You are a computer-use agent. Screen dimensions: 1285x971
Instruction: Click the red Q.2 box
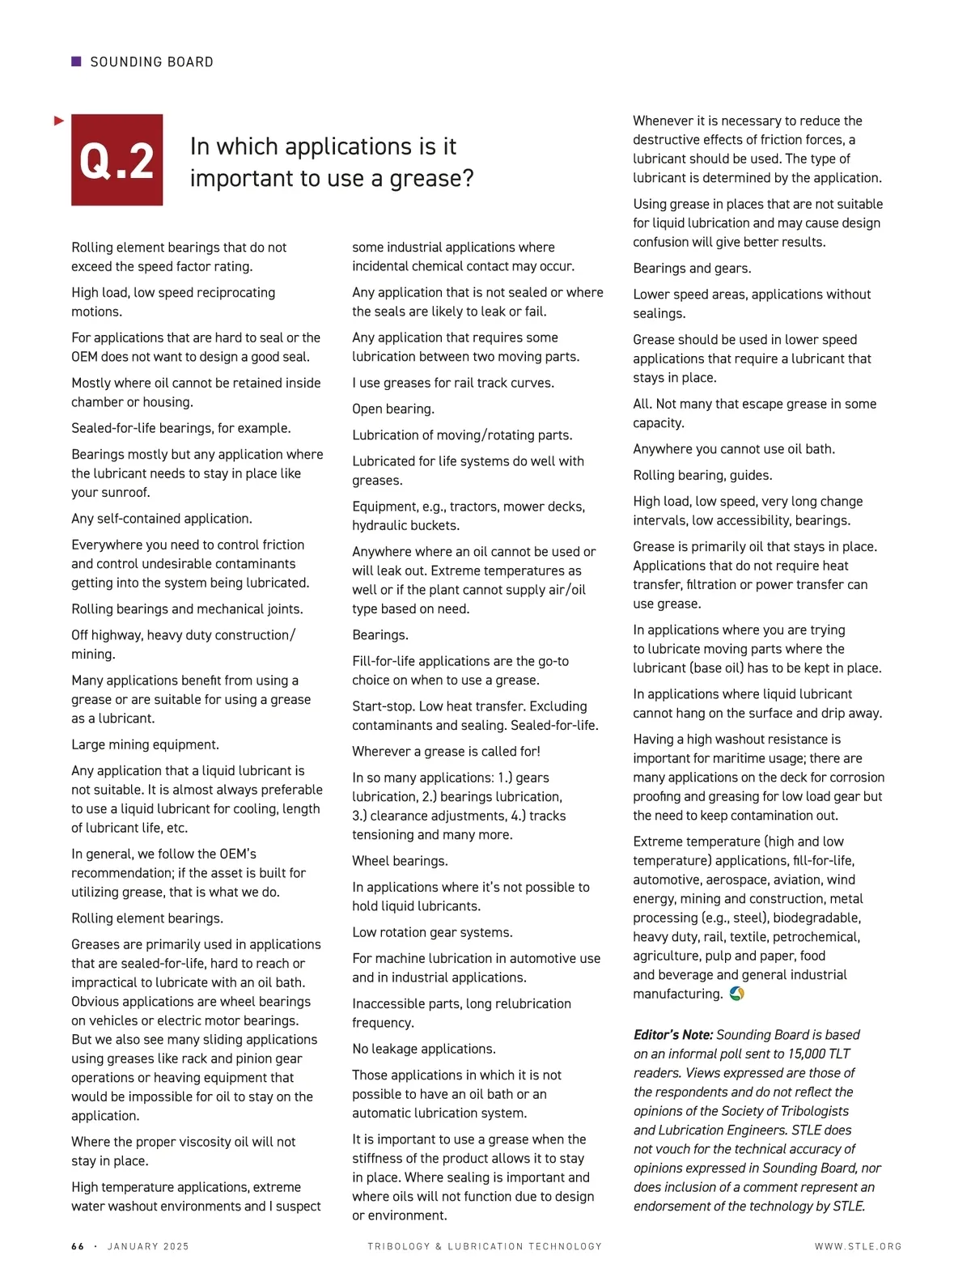117,159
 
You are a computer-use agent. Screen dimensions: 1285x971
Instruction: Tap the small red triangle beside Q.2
58,121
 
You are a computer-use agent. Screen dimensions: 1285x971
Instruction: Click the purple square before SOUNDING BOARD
76,61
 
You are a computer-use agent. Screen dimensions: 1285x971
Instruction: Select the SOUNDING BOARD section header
151,62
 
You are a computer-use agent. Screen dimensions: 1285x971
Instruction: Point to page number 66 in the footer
78,1246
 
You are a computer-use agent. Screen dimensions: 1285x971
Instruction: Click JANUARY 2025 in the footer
148,1246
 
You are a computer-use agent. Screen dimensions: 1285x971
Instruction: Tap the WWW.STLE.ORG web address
858,1246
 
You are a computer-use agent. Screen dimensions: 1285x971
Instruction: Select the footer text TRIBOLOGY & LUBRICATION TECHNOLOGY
485,1246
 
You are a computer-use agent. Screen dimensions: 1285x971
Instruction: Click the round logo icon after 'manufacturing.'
736,994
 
